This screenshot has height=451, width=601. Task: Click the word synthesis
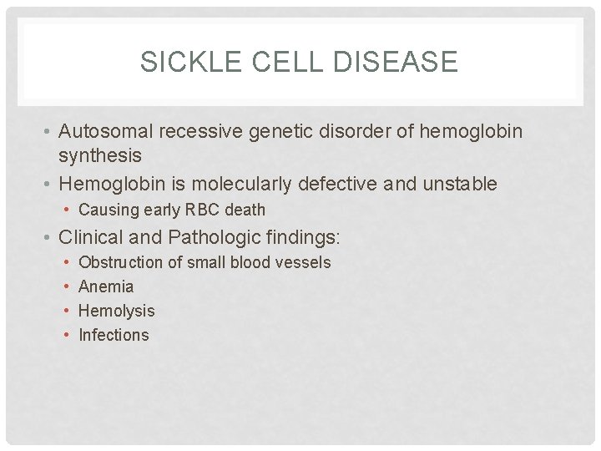100,155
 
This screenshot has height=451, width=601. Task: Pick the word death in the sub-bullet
245,210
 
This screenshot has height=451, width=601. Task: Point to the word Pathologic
207,237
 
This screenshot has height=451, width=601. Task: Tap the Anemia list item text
106,286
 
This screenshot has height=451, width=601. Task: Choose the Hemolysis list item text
116,311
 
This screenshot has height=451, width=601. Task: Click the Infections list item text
114,335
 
